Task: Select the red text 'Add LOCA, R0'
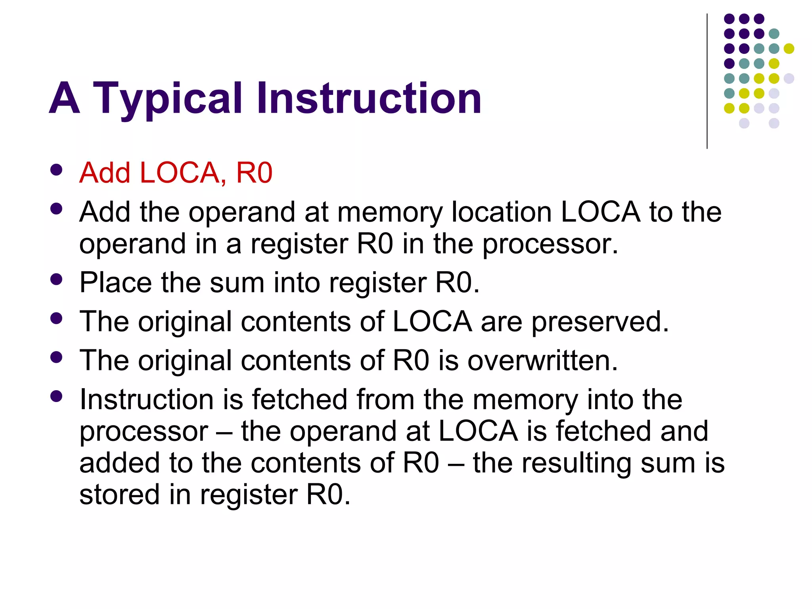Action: (176, 173)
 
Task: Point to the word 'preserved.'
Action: (600, 322)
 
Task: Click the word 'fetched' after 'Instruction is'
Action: (299, 399)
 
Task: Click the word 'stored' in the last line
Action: (119, 494)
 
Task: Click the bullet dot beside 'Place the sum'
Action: (57, 280)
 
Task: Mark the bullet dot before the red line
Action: (57, 170)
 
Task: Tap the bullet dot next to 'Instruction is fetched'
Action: (57, 396)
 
